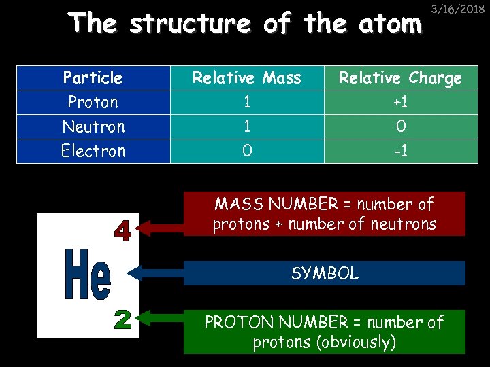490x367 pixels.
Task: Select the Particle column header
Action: point(93,77)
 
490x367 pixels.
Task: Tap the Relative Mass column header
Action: point(246,77)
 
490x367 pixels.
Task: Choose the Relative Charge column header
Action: point(400,77)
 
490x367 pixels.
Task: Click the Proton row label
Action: point(93,102)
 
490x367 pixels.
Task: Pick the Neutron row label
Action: point(93,126)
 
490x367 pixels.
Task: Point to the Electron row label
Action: point(93,151)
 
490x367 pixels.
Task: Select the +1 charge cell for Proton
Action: point(400,102)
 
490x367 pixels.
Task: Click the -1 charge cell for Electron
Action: point(400,151)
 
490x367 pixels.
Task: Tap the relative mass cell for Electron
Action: point(246,151)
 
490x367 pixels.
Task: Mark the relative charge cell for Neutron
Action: point(400,126)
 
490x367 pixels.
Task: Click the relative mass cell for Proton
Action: point(246,102)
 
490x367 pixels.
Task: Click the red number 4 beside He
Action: point(122,231)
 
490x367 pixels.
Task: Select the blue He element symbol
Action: point(87,275)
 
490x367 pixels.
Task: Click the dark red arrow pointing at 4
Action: point(161,228)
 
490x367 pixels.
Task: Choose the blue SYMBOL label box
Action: point(325,273)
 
